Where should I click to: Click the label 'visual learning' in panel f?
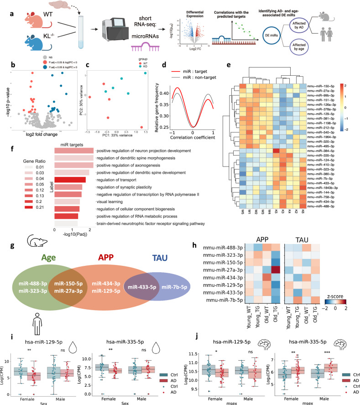tap(108, 201)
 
